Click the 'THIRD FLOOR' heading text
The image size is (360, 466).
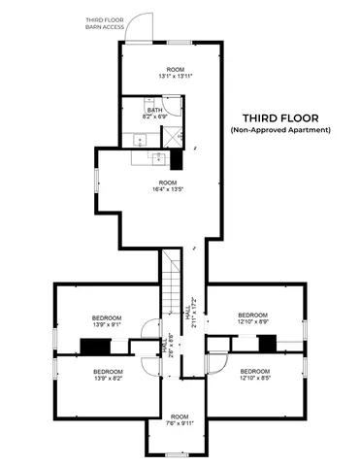pos(279,115)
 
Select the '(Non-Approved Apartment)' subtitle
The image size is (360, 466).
pos(279,129)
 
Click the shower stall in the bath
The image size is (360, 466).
pos(176,136)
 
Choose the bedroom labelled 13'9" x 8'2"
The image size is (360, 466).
pos(107,375)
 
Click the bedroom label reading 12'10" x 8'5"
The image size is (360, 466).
pos(254,375)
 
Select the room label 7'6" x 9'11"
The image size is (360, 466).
pos(176,422)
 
